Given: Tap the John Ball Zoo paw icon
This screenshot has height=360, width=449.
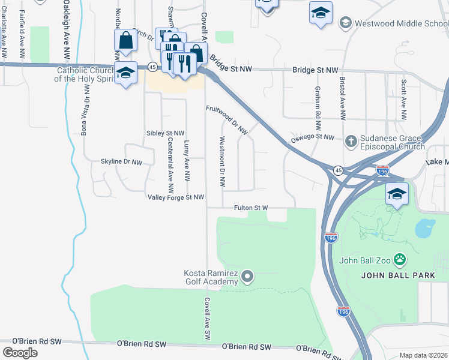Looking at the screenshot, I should pos(400,260).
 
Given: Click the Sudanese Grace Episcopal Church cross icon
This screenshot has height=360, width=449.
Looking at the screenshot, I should pos(351,142).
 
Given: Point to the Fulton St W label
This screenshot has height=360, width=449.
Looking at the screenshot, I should pos(250,208).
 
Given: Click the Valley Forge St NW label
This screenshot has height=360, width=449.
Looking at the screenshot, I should pos(176,197).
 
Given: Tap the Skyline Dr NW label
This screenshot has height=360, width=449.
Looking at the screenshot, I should pos(121,162).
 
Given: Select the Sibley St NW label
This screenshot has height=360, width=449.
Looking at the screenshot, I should pos(165,133).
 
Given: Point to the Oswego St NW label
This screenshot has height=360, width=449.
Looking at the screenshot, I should pos(312,138).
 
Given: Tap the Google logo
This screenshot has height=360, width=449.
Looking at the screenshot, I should pos(20,353).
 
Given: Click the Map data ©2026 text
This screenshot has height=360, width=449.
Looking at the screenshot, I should pos(423,355).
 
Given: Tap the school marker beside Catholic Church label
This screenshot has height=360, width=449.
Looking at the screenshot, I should pos(125,73).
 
